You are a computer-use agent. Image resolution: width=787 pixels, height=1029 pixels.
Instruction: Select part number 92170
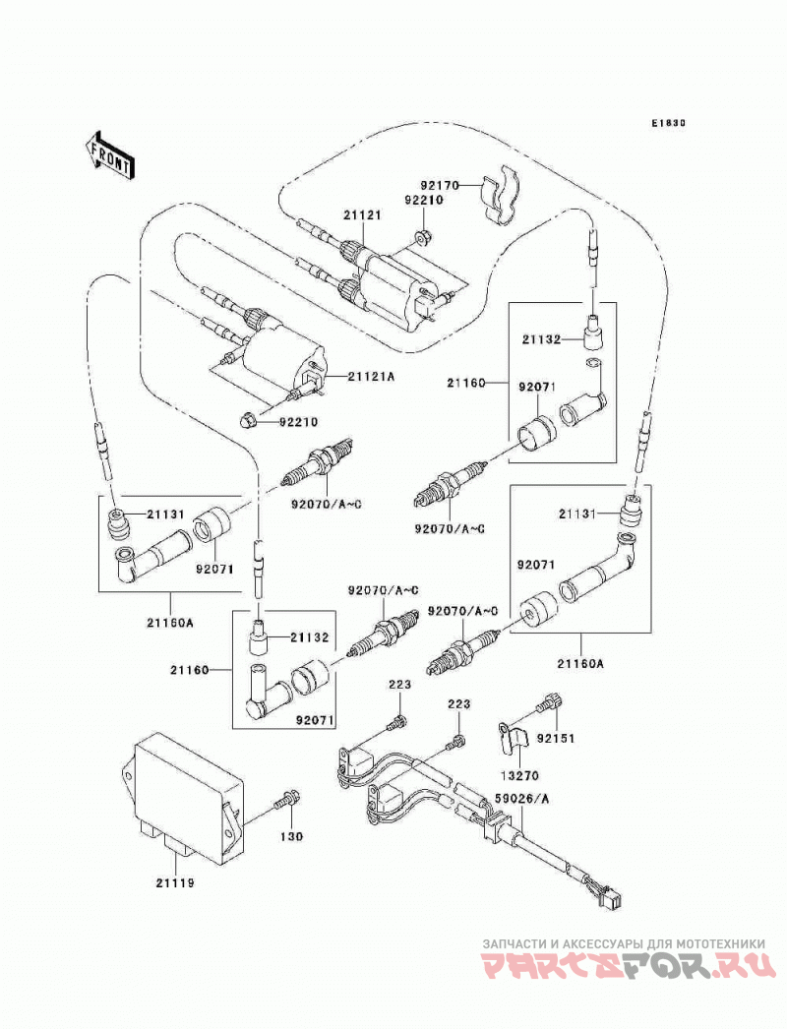pos(440,185)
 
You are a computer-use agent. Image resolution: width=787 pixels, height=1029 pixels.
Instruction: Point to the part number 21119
pos(175,883)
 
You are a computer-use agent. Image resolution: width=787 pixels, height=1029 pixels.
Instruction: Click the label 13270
pos(519,776)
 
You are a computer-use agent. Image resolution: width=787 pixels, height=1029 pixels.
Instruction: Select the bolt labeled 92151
pos(549,704)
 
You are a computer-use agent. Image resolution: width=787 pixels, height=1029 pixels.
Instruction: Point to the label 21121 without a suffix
pos(361,215)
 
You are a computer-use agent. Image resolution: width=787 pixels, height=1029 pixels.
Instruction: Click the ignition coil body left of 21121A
pos(281,360)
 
